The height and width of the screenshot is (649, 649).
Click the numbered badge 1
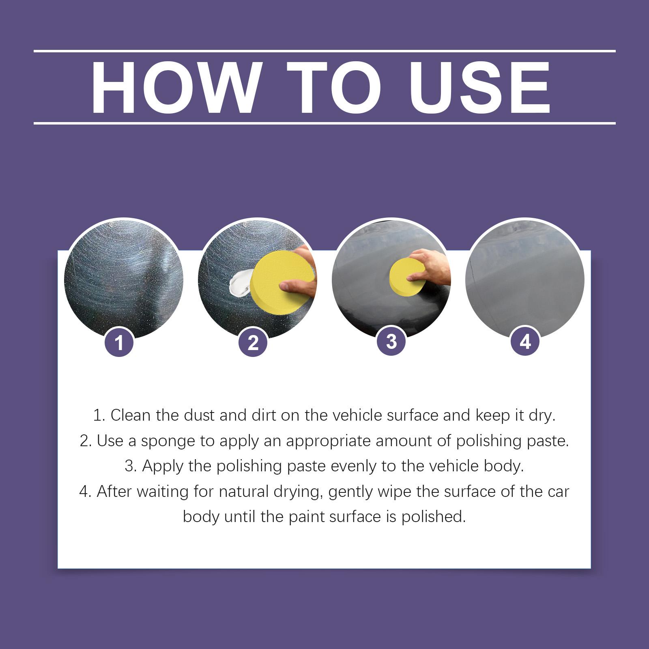pyautogui.click(x=119, y=343)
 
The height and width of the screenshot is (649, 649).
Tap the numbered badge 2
pyautogui.click(x=253, y=343)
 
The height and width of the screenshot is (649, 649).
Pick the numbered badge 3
pyautogui.click(x=391, y=341)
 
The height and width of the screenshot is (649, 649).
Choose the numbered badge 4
pyautogui.click(x=525, y=341)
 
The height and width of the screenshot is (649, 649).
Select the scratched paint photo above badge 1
pyautogui.click(x=124, y=280)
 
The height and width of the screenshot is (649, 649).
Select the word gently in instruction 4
pyautogui.click(x=351, y=492)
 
